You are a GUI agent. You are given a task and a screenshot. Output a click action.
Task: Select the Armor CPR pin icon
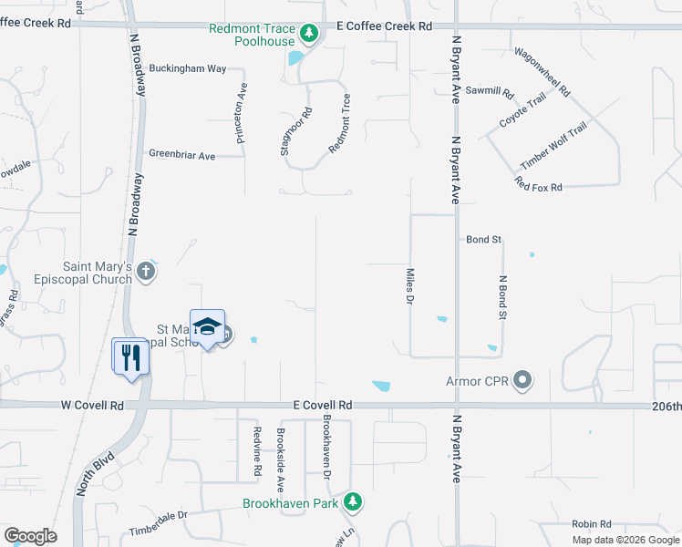(522, 380)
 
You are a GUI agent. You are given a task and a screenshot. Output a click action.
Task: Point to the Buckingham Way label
(188, 68)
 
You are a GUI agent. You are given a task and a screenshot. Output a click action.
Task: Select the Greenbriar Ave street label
(182, 156)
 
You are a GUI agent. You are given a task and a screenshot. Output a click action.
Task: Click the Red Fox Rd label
(538, 186)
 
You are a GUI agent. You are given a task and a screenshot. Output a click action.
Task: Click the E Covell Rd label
(323, 405)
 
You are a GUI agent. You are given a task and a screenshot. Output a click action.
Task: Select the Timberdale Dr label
(158, 515)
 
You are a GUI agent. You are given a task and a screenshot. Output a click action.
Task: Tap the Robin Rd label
(591, 524)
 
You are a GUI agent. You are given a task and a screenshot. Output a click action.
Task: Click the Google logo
(30, 536)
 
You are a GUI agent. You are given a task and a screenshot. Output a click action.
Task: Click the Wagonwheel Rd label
(542, 72)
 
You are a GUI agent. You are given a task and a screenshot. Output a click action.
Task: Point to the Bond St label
(484, 240)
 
